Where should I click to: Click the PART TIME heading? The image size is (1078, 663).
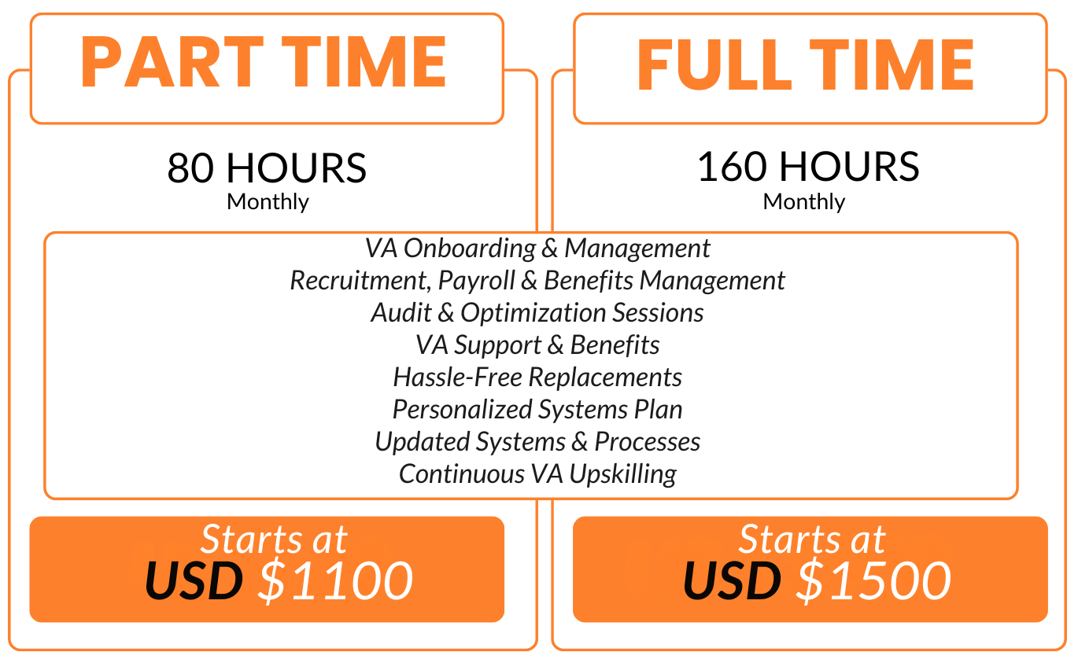264,63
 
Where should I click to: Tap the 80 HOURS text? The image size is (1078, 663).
267,168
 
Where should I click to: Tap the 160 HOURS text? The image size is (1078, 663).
808,167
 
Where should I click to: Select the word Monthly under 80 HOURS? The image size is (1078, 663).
268,201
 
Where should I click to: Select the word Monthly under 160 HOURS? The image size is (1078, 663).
804,201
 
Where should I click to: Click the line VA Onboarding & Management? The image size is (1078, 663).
537,249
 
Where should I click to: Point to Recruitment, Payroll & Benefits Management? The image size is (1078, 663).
537,281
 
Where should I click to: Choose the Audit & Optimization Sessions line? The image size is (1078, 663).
537,313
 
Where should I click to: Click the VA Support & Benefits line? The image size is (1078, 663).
537,345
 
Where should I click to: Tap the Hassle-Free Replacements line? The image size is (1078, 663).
537,378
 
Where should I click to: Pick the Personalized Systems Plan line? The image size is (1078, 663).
537,410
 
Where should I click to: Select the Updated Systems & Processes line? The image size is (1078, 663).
537,442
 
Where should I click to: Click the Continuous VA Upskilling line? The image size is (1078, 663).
537,474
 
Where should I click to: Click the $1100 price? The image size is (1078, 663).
335,580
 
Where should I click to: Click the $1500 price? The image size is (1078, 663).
873,580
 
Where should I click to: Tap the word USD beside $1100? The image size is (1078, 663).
194,580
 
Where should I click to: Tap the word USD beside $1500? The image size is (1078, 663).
732,580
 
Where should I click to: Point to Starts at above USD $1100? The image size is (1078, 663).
274,540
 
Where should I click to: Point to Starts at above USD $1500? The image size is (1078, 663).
812,540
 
